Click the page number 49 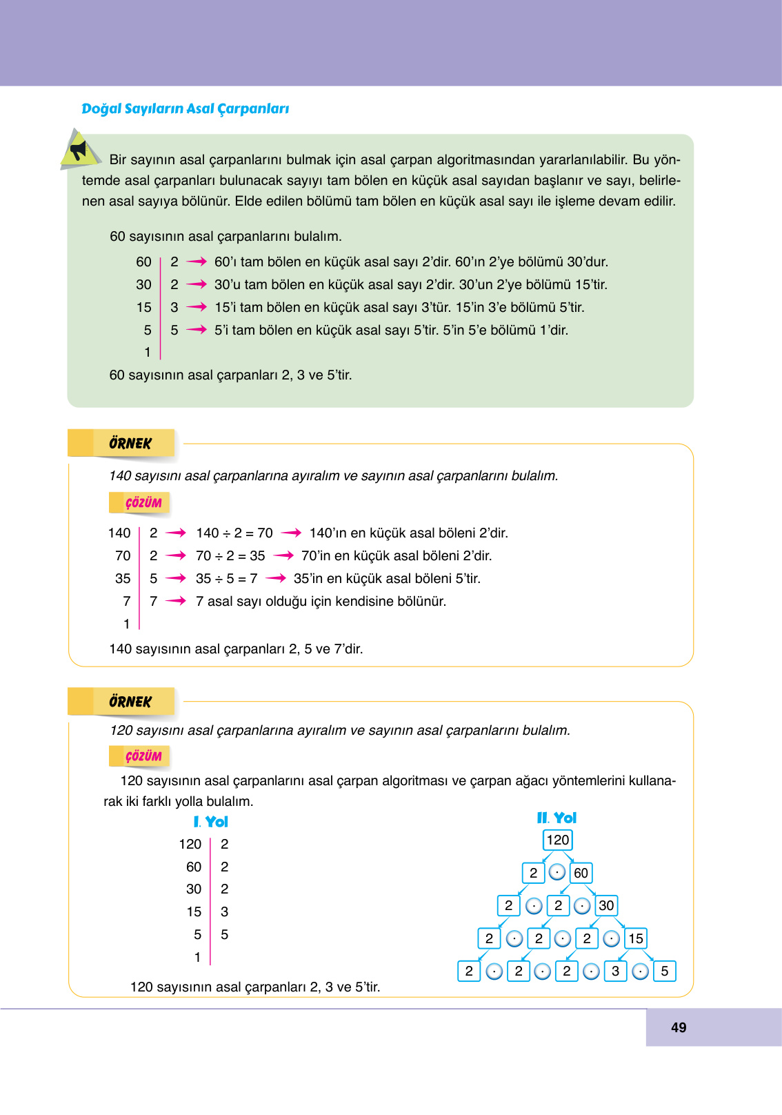click(x=679, y=1027)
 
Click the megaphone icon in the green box click(x=79, y=150)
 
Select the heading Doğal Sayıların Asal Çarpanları click(x=185, y=108)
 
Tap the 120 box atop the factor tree click(x=557, y=840)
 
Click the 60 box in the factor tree click(x=581, y=873)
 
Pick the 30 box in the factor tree click(x=605, y=905)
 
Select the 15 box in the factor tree click(x=635, y=938)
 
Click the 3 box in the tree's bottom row click(x=615, y=971)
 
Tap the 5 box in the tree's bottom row click(x=664, y=971)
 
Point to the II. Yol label click(x=557, y=818)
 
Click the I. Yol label click(x=210, y=822)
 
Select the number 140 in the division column click(x=119, y=533)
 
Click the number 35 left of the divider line click(x=123, y=578)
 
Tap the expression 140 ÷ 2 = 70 click(x=234, y=533)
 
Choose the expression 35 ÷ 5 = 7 click(x=226, y=578)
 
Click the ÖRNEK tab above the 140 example click(x=130, y=443)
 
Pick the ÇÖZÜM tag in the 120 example click(x=143, y=756)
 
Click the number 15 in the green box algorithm click(x=143, y=307)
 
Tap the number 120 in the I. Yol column click(x=190, y=844)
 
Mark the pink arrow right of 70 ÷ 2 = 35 click(x=283, y=555)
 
